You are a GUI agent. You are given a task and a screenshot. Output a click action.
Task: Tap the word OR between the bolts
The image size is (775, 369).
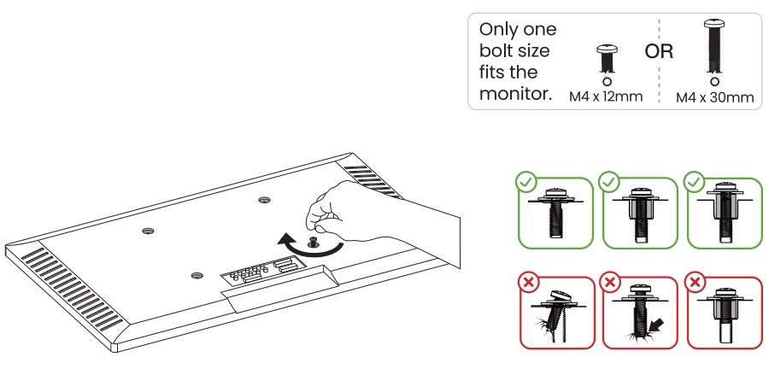point(658,51)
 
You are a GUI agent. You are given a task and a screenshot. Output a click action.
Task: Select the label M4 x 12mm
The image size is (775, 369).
point(606,97)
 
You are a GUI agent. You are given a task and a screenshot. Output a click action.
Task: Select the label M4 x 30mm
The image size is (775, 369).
point(714,97)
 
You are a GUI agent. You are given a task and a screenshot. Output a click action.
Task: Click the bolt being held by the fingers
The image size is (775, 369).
point(314,240)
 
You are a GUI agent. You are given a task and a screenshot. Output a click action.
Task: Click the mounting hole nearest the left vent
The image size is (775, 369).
point(147,231)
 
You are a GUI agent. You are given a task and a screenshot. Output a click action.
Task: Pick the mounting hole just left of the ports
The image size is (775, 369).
point(197,275)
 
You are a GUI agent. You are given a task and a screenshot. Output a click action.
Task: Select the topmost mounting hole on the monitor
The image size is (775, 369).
point(264,201)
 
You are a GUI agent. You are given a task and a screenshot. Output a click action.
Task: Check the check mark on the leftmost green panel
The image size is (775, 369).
point(527,181)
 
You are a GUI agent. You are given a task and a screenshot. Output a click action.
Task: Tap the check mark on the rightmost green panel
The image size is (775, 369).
point(695,181)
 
